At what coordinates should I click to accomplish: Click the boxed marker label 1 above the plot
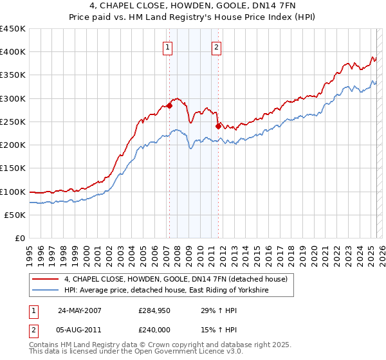(168, 47)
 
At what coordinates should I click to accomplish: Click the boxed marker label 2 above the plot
(216, 47)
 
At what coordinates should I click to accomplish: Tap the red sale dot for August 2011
(218, 127)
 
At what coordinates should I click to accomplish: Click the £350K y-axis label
(13, 75)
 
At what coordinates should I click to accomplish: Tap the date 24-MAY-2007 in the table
(80, 310)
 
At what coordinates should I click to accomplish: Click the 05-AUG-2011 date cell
(80, 329)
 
